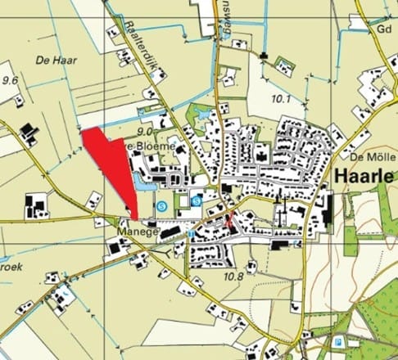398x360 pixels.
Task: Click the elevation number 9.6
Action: tap(10, 80)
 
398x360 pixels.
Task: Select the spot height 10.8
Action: tap(233, 277)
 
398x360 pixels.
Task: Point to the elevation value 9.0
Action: tap(147, 130)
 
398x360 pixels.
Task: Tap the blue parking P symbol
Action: tap(338, 341)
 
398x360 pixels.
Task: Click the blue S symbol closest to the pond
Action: tap(162, 205)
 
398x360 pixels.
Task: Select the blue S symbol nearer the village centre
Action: tap(196, 200)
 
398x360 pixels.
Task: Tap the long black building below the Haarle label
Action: tap(325, 208)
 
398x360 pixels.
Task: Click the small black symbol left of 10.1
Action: tap(263, 56)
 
